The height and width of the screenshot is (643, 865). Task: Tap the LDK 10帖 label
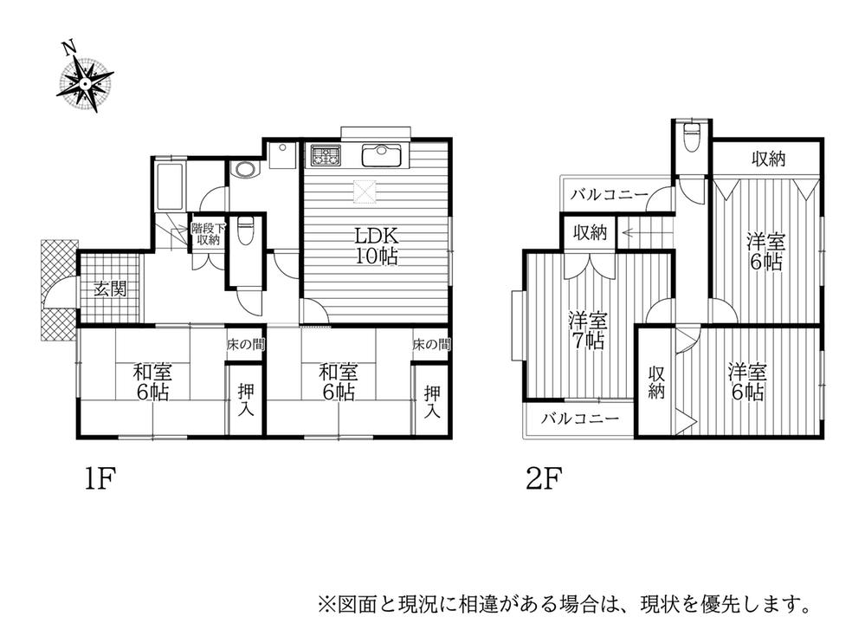(x=374, y=244)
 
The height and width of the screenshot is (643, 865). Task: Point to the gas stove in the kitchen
(x=328, y=156)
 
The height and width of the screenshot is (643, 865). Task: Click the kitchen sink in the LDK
(x=380, y=155)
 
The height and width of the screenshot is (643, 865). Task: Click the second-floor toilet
(x=691, y=139)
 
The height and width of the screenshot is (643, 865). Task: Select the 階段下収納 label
(x=208, y=234)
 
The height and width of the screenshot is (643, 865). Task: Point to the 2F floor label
(x=545, y=478)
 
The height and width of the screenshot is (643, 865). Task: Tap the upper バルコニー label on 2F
(x=610, y=195)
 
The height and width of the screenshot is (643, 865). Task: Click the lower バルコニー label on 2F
(x=581, y=419)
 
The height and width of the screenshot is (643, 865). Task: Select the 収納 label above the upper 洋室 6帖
(x=767, y=159)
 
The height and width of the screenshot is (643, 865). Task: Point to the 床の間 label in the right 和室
(x=431, y=345)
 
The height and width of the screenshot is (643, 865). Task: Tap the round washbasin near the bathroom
(x=245, y=169)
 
